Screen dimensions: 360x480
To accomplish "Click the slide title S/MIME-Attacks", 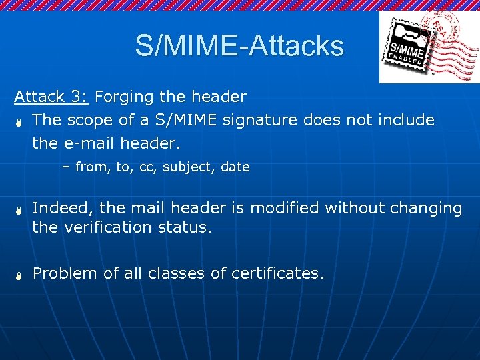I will point(239,46).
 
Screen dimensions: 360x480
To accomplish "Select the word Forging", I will point(125,97).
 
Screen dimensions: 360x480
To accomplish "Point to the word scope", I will point(89,121).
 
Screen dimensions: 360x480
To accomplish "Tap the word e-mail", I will point(91,143).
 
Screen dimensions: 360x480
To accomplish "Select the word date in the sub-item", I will point(235,167).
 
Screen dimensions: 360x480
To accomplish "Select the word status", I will point(187,227).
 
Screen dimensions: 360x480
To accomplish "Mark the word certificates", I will point(277,273).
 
